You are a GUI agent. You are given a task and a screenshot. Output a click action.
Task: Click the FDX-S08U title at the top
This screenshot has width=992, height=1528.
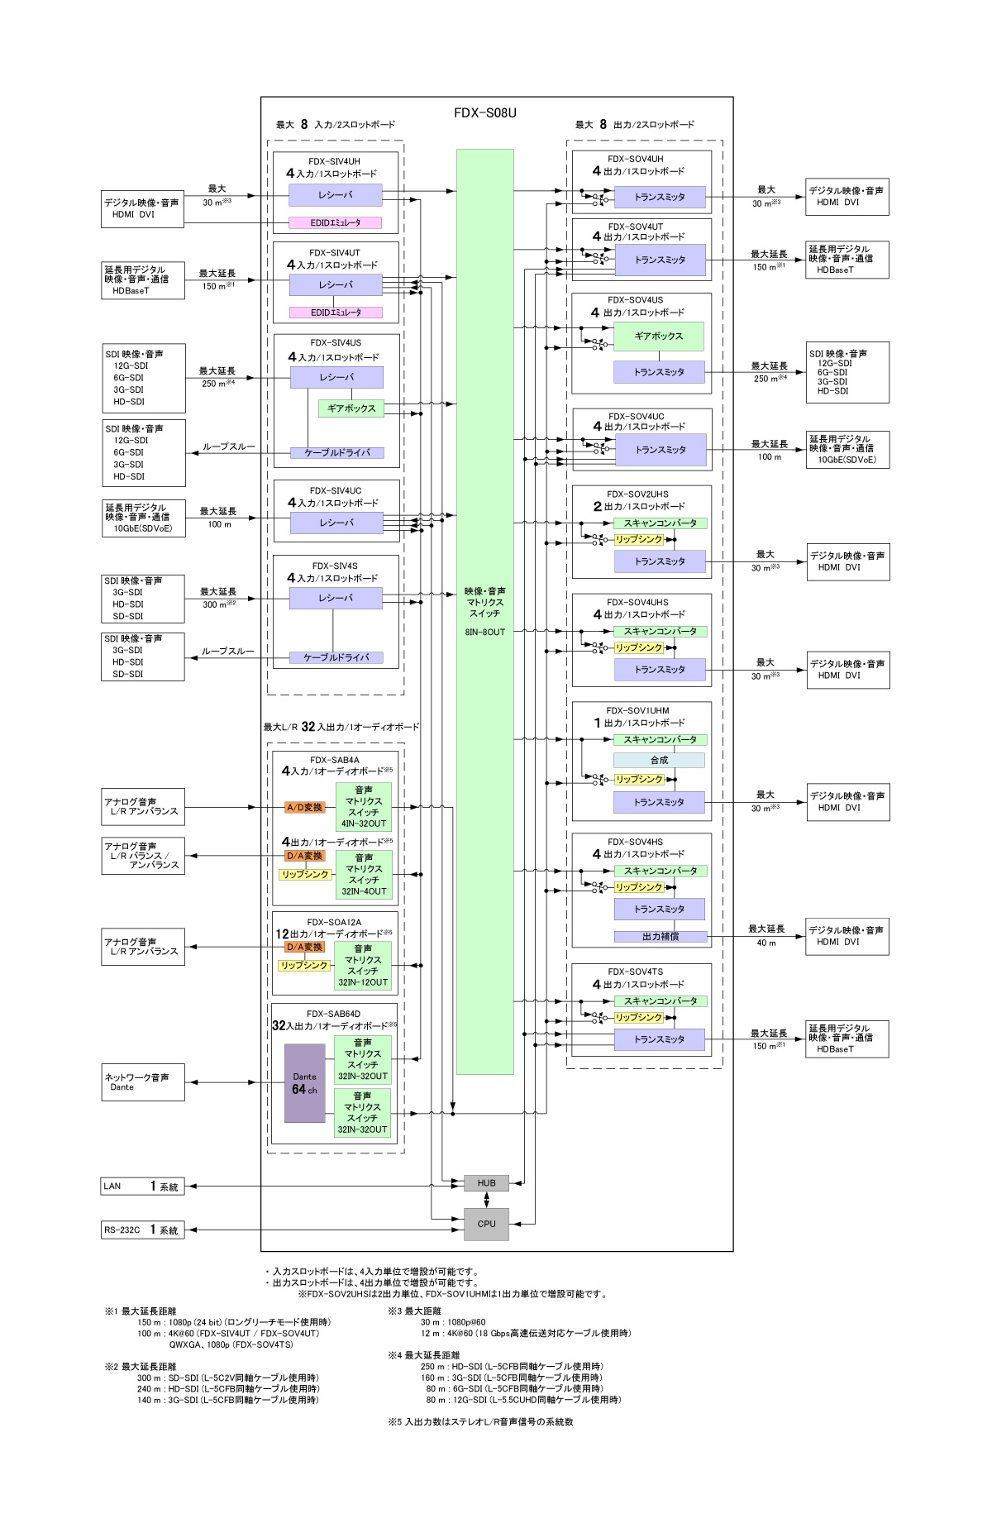tap(484, 113)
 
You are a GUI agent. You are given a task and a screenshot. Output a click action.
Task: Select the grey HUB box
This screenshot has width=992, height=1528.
tap(486, 1183)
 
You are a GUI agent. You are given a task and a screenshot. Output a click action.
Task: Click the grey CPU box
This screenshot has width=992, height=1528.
tap(486, 1224)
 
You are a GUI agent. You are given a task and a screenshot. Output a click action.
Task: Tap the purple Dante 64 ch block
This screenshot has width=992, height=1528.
tap(304, 1083)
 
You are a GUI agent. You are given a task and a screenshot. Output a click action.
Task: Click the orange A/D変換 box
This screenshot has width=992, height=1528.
tap(305, 807)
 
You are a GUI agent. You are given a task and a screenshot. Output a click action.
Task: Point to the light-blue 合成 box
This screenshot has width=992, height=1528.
tap(659, 760)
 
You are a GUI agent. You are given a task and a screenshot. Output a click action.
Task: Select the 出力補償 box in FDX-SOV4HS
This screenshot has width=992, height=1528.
tap(660, 937)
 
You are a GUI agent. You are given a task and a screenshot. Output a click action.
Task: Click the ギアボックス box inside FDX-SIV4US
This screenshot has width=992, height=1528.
tap(351, 408)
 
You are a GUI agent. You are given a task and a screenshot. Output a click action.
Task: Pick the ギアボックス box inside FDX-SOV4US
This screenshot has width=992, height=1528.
tap(659, 337)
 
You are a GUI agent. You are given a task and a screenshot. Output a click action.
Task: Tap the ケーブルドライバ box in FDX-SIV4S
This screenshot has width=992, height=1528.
tap(336, 658)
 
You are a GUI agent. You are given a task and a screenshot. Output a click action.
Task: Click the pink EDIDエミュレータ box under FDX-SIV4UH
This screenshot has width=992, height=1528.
tap(336, 222)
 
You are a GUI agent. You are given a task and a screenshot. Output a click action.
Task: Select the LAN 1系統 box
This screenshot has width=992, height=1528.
tap(142, 1187)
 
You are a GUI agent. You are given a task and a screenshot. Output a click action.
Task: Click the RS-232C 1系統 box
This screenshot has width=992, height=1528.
tap(142, 1230)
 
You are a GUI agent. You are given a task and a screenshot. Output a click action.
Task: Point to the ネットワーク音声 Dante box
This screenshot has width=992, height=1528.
tap(143, 1082)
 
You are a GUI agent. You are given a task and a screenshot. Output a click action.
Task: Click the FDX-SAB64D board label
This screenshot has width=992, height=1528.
tap(333, 1014)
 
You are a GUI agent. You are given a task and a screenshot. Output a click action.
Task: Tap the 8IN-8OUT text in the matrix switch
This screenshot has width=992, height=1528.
tap(484, 632)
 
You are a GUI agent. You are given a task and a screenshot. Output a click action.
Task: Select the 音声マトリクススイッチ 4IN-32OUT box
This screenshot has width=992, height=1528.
tap(363, 807)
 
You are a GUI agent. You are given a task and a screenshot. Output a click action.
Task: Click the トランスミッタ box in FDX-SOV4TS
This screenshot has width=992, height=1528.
tap(659, 1039)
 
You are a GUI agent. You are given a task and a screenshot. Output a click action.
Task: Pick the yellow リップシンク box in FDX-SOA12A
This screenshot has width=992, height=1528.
tap(304, 966)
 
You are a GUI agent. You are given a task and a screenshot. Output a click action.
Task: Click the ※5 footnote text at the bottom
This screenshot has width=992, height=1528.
tap(480, 1422)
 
